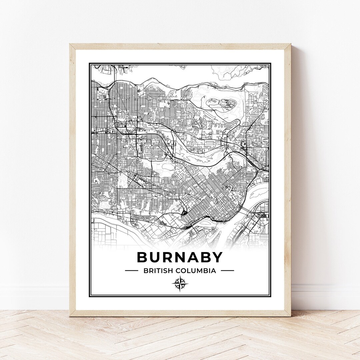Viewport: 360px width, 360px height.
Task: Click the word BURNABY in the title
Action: (180, 257)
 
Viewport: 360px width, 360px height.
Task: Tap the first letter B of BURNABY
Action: (142, 257)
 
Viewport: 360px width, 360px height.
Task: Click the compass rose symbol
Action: (180, 284)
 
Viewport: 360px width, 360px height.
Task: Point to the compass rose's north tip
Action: (180, 277)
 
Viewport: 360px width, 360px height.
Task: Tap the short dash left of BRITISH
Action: (131, 271)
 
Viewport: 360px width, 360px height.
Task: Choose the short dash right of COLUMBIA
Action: (227, 271)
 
